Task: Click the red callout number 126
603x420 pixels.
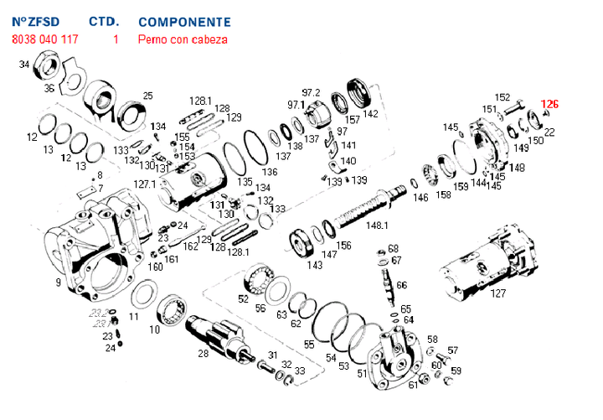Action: [549, 105]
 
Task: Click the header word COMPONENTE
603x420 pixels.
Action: [184, 21]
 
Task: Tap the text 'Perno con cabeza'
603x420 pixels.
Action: [183, 39]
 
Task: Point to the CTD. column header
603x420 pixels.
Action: [103, 21]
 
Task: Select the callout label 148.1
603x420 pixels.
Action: [377, 226]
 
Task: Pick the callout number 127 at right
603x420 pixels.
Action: [498, 293]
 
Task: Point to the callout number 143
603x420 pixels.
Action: [314, 265]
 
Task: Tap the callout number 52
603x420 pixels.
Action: [244, 298]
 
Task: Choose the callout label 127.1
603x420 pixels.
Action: [146, 184]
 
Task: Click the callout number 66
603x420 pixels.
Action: [402, 285]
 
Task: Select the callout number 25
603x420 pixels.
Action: [148, 95]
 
